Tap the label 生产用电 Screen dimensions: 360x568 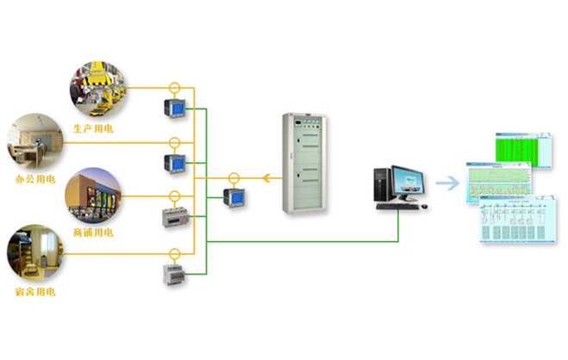pyautogui.click(x=93, y=128)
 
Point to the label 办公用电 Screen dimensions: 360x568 pyautogui.click(x=35, y=179)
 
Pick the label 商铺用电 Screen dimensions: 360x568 pyautogui.click(x=92, y=233)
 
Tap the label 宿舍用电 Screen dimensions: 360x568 pyautogui.click(x=35, y=292)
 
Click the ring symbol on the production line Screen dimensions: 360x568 pyautogui.click(x=174, y=88)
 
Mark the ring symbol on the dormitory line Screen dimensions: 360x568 pyautogui.click(x=174, y=253)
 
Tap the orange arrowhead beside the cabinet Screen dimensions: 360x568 pyautogui.click(x=266, y=178)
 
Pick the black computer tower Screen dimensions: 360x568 pyautogui.click(x=382, y=187)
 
